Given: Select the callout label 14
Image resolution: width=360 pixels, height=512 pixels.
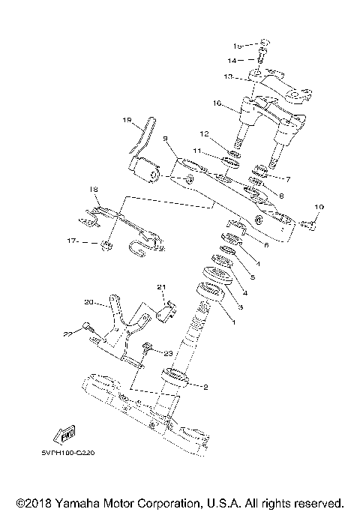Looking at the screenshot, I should pyautogui.click(x=232, y=59).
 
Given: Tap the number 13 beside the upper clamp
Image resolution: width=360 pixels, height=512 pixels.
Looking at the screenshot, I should pyautogui.click(x=228, y=76).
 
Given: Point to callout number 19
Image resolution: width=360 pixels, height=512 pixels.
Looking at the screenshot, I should pyautogui.click(x=127, y=119).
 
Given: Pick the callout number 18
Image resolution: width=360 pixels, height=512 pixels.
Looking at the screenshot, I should pyautogui.click(x=94, y=189).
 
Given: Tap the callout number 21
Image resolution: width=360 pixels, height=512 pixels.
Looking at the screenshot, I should pyautogui.click(x=160, y=287).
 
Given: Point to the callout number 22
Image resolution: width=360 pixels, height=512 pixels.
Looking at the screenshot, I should pyautogui.click(x=67, y=332).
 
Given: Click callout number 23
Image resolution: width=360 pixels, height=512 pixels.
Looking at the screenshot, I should pyautogui.click(x=168, y=353).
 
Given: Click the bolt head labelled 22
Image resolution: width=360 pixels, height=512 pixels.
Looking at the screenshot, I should pyautogui.click(x=87, y=325).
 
